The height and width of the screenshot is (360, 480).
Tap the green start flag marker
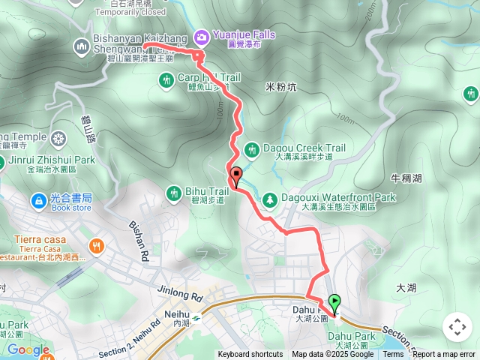click(334, 302)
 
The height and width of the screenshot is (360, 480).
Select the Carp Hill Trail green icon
click(166, 79)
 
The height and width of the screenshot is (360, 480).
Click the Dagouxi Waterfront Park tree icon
click(268, 199)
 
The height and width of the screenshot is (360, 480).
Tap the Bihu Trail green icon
click(174, 193)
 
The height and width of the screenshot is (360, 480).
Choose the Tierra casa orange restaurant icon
click(96, 245)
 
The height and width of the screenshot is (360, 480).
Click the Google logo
click(28, 349)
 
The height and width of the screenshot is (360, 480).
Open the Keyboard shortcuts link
click(250, 355)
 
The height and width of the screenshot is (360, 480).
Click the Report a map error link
click(445, 355)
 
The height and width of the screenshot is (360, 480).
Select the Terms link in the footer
click(393, 355)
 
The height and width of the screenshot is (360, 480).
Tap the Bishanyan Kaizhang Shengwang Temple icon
click(82, 47)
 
